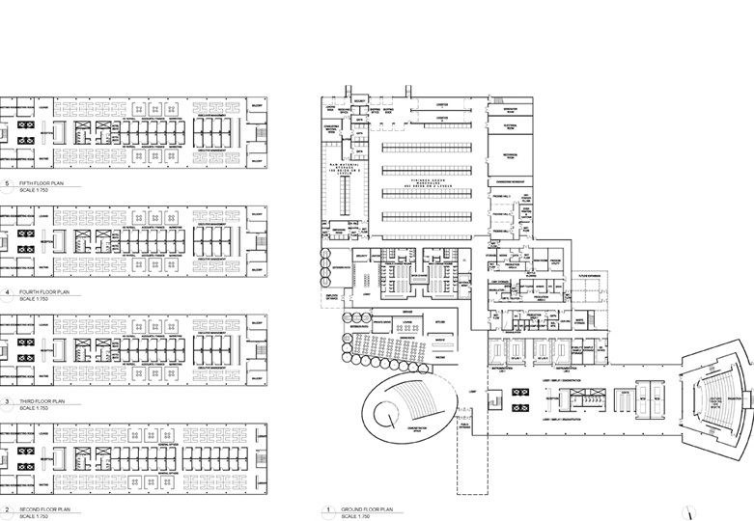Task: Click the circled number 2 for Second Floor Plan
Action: (x=7, y=508)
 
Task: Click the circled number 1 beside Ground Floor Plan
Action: (x=327, y=508)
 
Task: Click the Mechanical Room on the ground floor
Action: (x=511, y=154)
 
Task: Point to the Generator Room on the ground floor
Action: (x=511, y=110)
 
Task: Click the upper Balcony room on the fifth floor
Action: (x=256, y=105)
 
